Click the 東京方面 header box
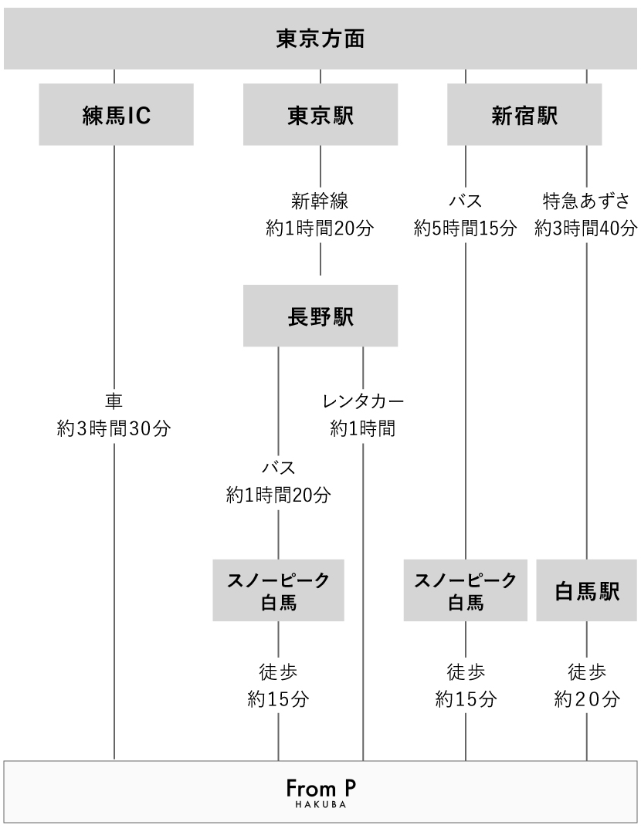pos(320,39)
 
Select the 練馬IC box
pos(116,114)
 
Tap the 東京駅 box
pos(320,114)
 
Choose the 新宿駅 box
pos(524,114)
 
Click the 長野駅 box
pos(320,316)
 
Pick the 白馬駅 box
pos(586,590)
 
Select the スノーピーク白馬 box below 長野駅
pos(278,590)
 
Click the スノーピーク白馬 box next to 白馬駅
pos(465,590)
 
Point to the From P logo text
pos(320,788)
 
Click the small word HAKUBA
pos(320,804)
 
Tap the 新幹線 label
pos(320,201)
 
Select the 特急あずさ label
pos(586,201)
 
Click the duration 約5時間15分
pos(465,228)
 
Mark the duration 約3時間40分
pos(585,228)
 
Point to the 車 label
pos(114,401)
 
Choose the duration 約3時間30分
pos(114,428)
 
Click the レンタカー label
pos(363,401)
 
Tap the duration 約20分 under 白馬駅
pos(587,698)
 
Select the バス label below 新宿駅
pos(465,201)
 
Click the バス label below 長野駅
pos(278,468)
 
